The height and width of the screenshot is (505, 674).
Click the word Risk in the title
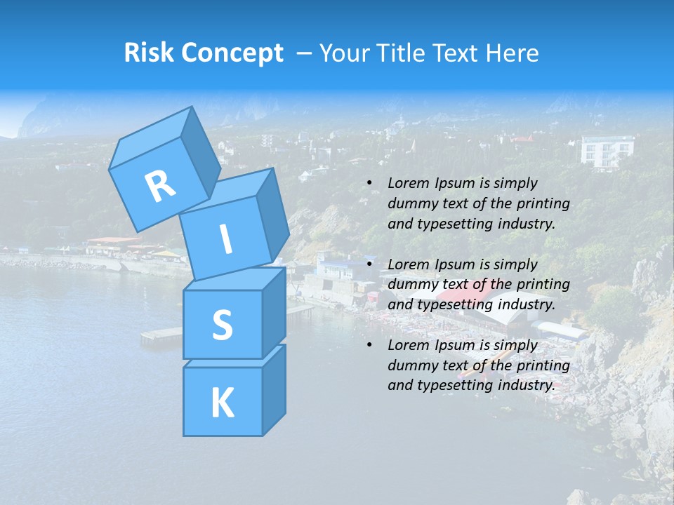point(149,53)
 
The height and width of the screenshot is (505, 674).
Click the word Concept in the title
point(232,53)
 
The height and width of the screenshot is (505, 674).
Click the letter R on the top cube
point(160,186)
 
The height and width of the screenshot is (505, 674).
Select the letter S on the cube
point(222,325)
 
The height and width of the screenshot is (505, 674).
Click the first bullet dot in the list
point(369,184)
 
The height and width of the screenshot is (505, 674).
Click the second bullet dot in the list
point(369,264)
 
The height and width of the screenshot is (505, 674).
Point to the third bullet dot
point(369,345)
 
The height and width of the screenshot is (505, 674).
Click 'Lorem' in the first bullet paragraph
point(407,183)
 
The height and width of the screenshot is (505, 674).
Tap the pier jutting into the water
point(161,335)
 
